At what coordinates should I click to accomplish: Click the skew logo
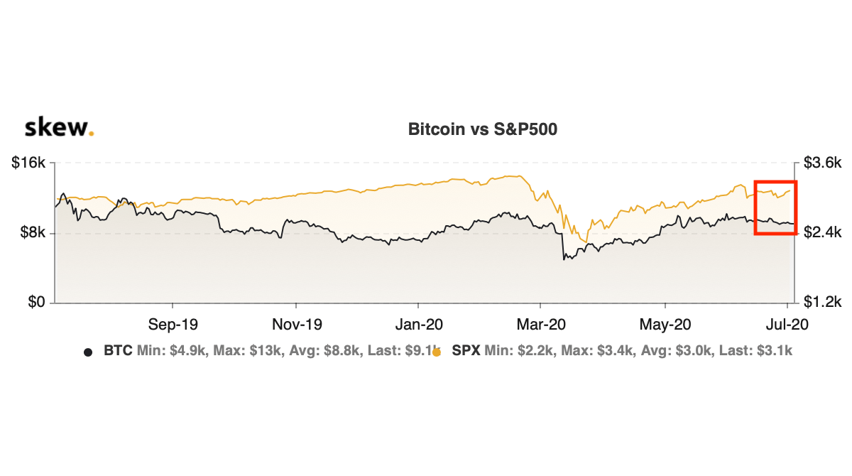[x=58, y=128]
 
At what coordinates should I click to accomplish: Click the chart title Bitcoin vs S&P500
[x=482, y=129]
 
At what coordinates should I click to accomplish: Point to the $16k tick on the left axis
[x=29, y=163]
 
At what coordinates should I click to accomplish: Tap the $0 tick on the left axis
[x=36, y=303]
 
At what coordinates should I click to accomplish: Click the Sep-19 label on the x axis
[x=173, y=325]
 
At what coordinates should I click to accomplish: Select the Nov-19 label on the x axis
[x=297, y=325]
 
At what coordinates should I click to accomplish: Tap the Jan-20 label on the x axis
[x=419, y=325]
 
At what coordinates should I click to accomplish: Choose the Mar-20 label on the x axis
[x=541, y=325]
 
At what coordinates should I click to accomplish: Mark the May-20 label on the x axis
[x=665, y=325]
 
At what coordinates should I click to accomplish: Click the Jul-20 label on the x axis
[x=785, y=325]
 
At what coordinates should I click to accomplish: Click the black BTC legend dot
[x=88, y=352]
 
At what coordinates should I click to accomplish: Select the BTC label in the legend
[x=117, y=351]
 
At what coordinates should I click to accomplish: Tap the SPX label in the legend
[x=466, y=351]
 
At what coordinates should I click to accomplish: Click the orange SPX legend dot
[x=437, y=352]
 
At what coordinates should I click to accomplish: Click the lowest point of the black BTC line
[x=564, y=259]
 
